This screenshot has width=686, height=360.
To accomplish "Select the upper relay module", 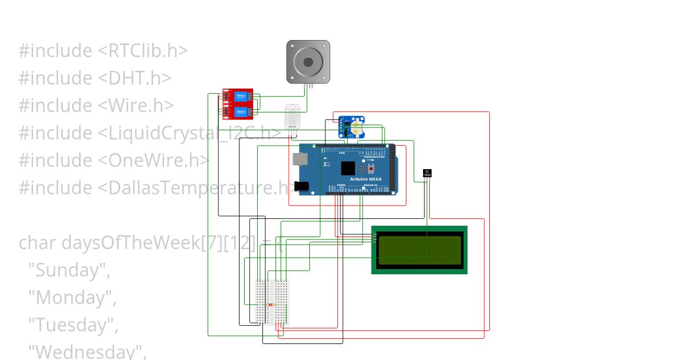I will tap(238, 97).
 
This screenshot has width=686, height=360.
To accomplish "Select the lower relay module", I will tap(238, 111).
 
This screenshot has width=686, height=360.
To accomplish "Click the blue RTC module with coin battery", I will tap(351, 127).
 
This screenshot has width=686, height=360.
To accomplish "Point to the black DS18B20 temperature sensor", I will tap(427, 173).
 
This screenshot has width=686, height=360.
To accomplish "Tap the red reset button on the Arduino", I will tap(372, 170).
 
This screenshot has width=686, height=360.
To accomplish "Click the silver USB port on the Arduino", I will tap(299, 159).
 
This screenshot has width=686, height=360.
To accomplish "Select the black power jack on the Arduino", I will tap(301, 186).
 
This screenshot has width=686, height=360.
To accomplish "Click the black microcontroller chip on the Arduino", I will tap(348, 168).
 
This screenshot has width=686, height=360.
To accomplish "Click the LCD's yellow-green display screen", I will tap(420, 250).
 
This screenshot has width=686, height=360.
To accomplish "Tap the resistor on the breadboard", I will tap(272, 305).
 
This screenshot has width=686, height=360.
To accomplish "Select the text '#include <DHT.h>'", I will tap(95, 78).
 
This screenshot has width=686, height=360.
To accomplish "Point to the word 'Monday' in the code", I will tap(73, 297).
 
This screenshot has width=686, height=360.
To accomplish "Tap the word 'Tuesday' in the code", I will tap(74, 325).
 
